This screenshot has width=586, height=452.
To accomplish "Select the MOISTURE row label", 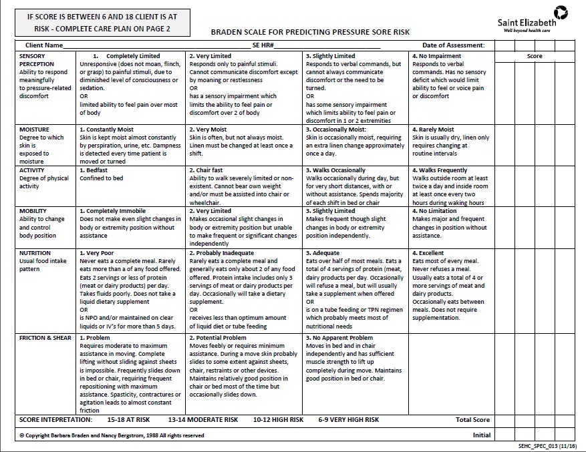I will pos(34,130).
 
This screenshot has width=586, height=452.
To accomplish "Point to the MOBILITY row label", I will pos(33,211).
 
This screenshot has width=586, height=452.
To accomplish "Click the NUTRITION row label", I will pos(35,253).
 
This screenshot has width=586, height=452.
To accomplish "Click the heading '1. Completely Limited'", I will pos(126,56).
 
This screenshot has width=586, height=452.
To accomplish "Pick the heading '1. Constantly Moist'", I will pos(106,130).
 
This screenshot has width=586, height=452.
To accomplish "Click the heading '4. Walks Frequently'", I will pos(440,170).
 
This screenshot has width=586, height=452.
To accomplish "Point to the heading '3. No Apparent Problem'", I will pos(339,338).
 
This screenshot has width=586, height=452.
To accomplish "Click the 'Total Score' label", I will pos(472,420).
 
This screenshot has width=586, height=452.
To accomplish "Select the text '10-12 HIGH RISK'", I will pos(278,420).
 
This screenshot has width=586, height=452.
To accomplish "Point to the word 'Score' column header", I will pos(535,56).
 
